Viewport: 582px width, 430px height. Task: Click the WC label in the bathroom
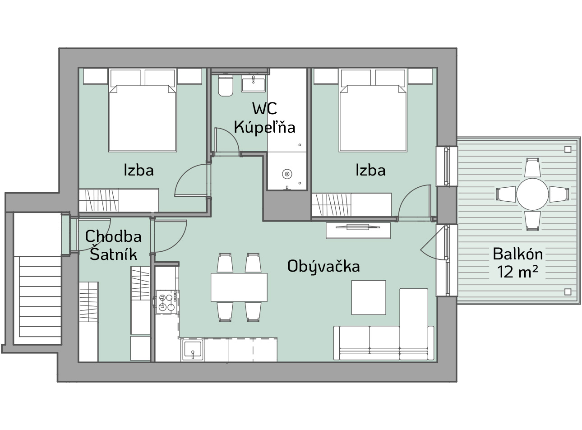tap(264, 108)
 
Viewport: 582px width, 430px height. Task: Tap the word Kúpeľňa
tap(264, 127)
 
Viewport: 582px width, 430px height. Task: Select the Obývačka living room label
tap(323, 266)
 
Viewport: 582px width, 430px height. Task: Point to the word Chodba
tap(113, 236)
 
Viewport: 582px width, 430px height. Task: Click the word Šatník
tap(113, 254)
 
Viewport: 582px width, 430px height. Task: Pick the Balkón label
tap(518, 254)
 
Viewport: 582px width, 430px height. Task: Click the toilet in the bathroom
tap(226, 86)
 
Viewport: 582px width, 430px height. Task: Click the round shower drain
tap(287, 174)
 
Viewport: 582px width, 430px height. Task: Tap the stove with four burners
tap(167, 302)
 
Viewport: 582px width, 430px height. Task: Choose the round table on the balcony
tap(532, 194)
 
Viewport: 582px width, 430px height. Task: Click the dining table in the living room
tap(239, 287)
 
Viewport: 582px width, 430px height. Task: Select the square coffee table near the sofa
tap(369, 297)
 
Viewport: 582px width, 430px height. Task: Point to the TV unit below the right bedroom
tap(358, 230)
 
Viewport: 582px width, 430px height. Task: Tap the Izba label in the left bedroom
tap(139, 170)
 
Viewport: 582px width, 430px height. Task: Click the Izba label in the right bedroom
tap(370, 170)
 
